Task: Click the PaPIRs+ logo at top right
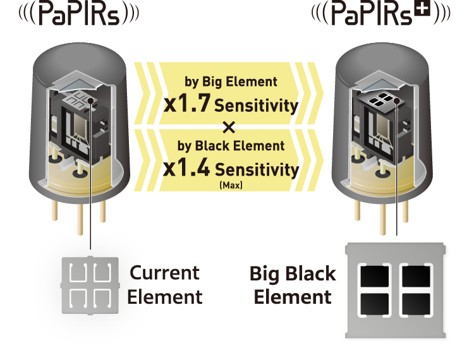pos(380,15)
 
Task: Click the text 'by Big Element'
pos(231,81)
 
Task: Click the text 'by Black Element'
pos(231,146)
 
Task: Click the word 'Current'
pos(164,273)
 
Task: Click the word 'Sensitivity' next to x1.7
pos(256,105)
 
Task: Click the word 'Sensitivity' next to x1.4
pos(257,169)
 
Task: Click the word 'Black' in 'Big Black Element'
pos(311,275)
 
